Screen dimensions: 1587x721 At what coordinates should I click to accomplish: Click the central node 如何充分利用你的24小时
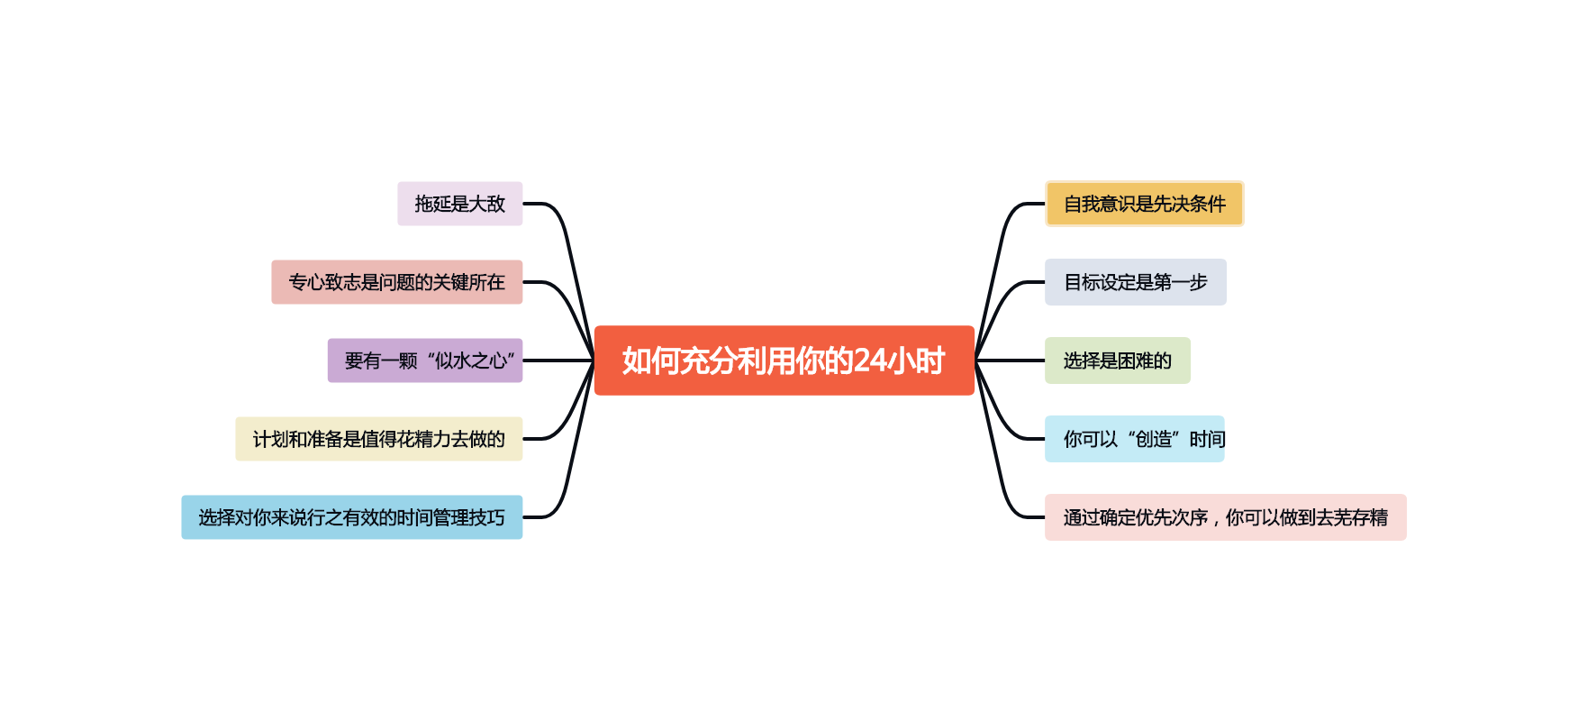pos(784,360)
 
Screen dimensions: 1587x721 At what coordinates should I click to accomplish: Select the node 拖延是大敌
pos(459,204)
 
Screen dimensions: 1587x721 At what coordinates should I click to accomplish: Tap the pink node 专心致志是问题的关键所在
pos(396,282)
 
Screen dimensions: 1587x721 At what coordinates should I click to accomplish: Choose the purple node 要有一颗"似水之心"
pos(424,360)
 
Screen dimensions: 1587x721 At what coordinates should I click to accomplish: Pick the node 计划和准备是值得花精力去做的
pos(378,439)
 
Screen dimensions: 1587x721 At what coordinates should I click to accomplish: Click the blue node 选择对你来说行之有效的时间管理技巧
pos(351,517)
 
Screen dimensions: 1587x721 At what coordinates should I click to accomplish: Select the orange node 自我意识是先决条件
pos(1144,204)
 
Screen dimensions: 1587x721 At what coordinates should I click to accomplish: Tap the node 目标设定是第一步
pos(1135,282)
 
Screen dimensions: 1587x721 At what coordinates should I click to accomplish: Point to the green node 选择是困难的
pos(1117,360)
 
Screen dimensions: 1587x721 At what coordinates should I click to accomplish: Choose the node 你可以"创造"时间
pos(1134,439)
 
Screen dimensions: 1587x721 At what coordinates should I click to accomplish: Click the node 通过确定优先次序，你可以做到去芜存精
pos(1225,517)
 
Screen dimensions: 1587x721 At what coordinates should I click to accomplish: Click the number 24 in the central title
pos(870,360)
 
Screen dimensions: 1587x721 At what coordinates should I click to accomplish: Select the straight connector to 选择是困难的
pos(1010,360)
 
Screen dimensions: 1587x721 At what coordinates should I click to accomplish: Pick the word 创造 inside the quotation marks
pos(1153,439)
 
